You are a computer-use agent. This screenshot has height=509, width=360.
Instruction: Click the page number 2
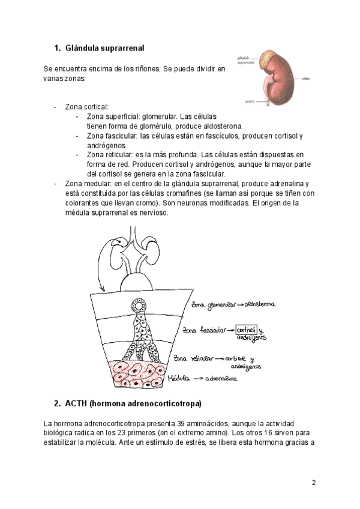(313, 483)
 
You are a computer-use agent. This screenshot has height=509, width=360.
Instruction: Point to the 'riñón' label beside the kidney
(306, 78)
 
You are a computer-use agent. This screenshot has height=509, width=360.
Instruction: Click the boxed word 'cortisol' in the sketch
(247, 330)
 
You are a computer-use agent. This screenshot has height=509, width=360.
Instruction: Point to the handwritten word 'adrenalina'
(222, 379)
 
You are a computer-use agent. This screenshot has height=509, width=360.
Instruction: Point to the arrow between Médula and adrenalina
(198, 379)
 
